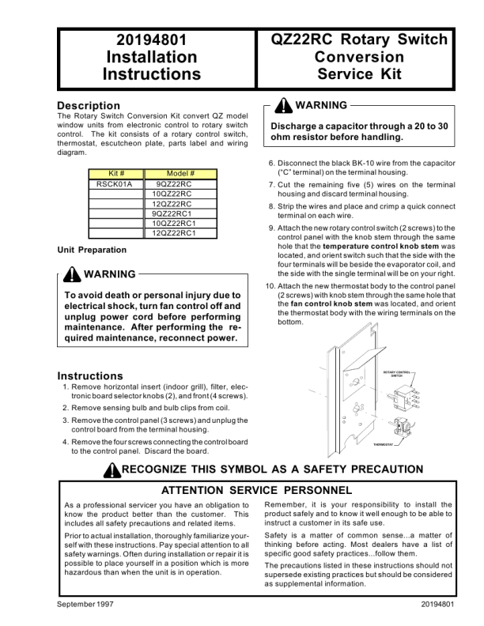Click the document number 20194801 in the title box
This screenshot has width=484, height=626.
coord(151,40)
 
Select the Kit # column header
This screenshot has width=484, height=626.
coord(114,173)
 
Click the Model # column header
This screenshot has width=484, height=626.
coord(180,173)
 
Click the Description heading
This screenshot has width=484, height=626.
coord(89,105)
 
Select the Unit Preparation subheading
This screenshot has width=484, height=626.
coord(92,250)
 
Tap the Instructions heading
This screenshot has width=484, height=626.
coord(89,375)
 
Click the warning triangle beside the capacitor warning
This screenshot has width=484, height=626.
coord(282,106)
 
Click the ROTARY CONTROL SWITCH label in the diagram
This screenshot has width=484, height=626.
coord(396,373)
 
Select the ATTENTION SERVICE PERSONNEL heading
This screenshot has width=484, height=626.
coord(257,491)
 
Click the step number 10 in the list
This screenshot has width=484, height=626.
coord(270,285)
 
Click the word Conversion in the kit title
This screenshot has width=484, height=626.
coord(359,57)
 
